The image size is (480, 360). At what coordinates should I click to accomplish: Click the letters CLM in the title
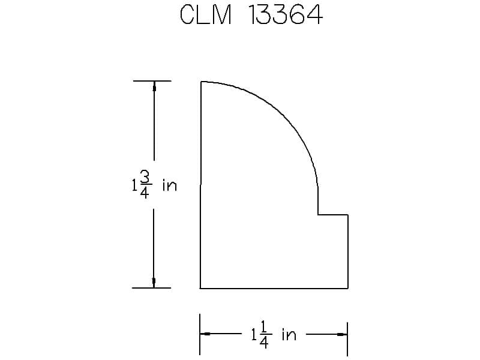pyautogui.click(x=206, y=14)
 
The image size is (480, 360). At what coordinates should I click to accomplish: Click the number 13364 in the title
pyautogui.click(x=286, y=14)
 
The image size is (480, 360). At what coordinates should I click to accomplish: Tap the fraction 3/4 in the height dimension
pyautogui.click(x=145, y=185)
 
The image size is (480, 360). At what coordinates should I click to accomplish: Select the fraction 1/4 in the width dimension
pyautogui.click(x=264, y=334)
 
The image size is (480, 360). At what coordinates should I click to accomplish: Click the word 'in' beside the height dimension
pyautogui.click(x=170, y=185)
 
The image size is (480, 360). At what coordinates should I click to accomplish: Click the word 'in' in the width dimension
pyautogui.click(x=289, y=334)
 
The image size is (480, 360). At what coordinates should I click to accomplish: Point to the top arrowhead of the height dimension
pyautogui.click(x=154, y=86)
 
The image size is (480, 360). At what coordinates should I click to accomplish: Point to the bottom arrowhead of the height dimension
pyautogui.click(x=154, y=283)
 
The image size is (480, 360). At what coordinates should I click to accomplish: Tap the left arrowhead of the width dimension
pyautogui.click(x=205, y=334)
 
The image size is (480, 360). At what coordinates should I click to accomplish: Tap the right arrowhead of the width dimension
pyautogui.click(x=342, y=334)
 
